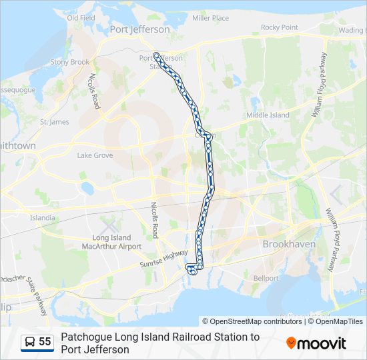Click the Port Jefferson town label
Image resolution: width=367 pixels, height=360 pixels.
point(140,29)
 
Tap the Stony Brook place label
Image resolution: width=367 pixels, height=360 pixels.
point(70,62)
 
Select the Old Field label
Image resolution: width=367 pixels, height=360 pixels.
point(81,18)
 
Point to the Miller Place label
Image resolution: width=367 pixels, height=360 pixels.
point(210,18)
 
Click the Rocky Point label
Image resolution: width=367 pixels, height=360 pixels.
point(279,27)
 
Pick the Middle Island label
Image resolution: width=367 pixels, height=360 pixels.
point(268,115)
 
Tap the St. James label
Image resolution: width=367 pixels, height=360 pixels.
point(54,122)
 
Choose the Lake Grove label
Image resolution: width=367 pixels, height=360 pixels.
point(95,155)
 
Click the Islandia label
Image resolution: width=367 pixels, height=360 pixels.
point(43,217)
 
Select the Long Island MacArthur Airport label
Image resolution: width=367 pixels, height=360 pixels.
point(117,242)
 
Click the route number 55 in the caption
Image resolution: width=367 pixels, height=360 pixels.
point(45,342)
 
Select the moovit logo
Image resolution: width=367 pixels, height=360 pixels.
point(316,343)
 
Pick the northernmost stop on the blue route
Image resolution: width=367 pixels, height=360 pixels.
point(156,55)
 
